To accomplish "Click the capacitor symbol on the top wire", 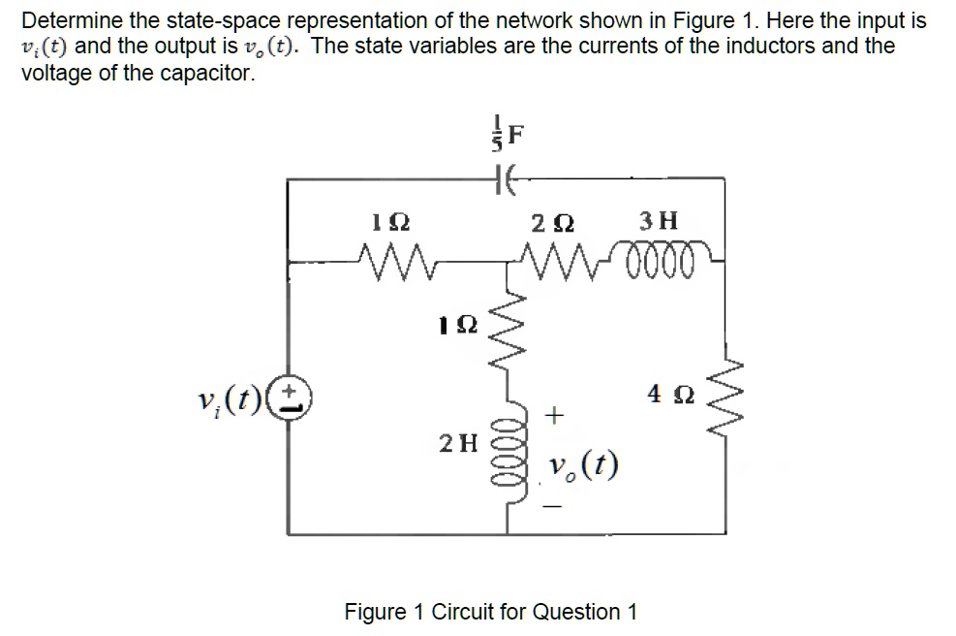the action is pyautogui.click(x=505, y=178).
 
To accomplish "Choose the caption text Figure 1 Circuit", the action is pyautogui.click(x=491, y=612).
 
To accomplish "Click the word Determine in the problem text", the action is pyautogui.click(x=65, y=20).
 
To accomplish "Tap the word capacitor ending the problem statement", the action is pyautogui.click(x=204, y=74).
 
